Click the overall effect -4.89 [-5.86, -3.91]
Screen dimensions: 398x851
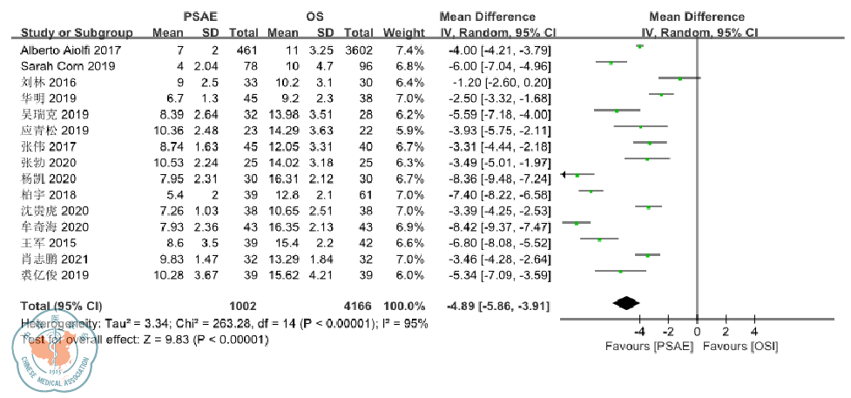click(497, 306)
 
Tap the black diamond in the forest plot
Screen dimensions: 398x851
click(625, 303)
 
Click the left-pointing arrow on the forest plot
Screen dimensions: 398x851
click(565, 175)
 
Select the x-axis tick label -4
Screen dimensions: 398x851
click(639, 332)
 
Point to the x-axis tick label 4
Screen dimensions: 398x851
click(754, 332)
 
